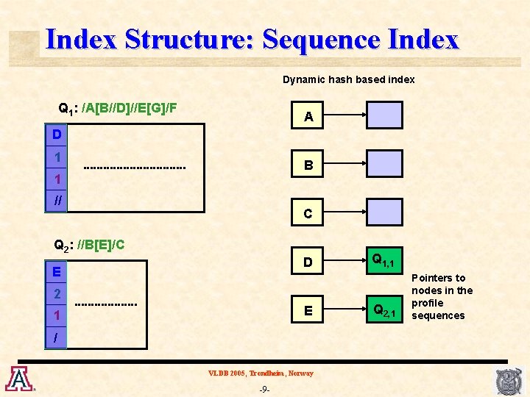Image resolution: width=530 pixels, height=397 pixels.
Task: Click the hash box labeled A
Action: [x=308, y=116]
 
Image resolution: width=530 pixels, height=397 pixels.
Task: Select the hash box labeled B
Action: [x=308, y=165]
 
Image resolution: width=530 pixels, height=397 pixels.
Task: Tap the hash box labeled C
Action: [x=308, y=213]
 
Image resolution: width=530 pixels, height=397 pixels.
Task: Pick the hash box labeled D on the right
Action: [x=308, y=262]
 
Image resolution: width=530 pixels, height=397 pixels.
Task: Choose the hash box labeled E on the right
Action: [x=308, y=310]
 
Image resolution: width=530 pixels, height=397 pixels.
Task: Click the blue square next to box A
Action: [x=385, y=115]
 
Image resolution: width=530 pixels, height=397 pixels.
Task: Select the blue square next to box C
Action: [x=385, y=212]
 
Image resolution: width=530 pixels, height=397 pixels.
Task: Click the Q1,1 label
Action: [x=383, y=260]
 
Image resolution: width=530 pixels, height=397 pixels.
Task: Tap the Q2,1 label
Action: [x=384, y=310]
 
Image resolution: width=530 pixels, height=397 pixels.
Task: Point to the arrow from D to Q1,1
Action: [x=347, y=262]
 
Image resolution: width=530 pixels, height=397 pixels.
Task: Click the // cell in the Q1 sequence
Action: [x=57, y=200]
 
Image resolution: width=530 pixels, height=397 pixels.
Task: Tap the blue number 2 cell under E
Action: [x=57, y=293]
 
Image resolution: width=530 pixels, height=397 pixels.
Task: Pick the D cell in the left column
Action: [x=57, y=135]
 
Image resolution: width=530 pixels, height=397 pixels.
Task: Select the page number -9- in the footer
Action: [x=264, y=389]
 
